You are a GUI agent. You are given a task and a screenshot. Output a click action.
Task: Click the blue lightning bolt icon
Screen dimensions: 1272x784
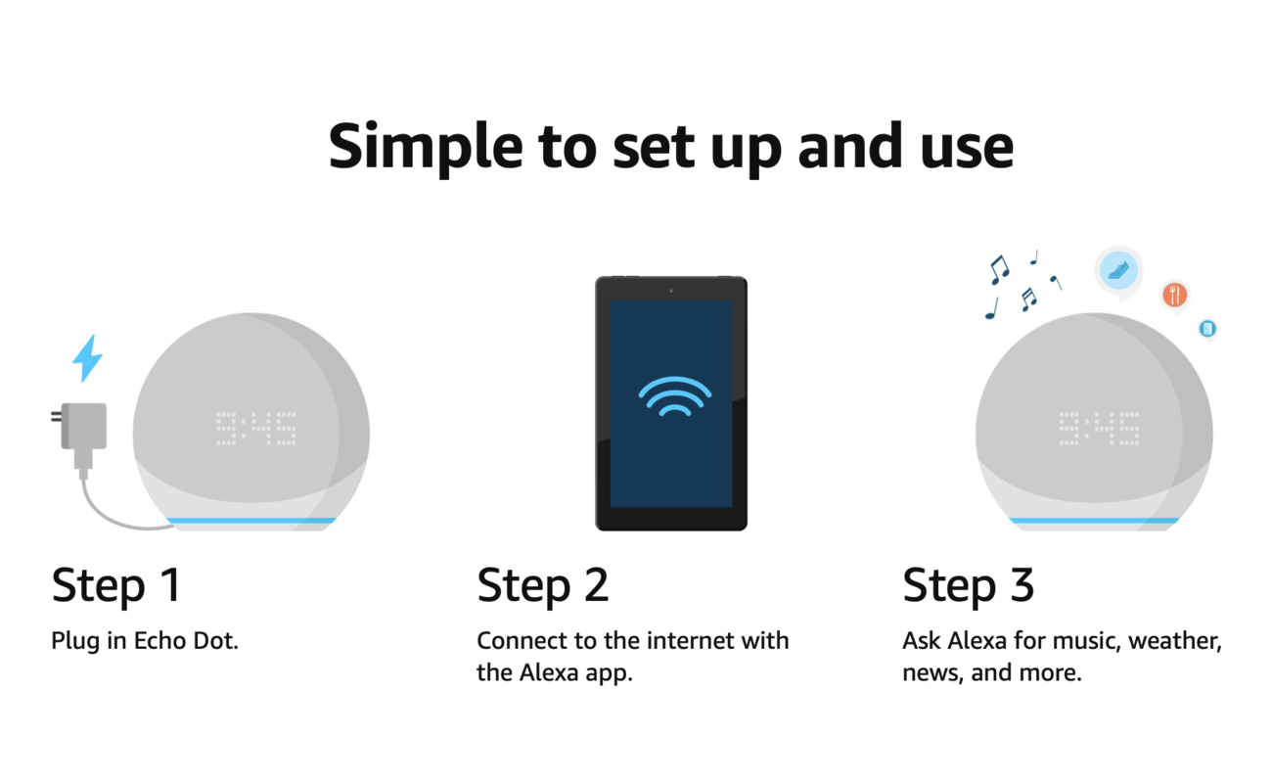pyautogui.click(x=87, y=358)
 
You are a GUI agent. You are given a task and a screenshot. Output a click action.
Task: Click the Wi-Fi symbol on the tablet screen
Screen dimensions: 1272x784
pyautogui.click(x=674, y=396)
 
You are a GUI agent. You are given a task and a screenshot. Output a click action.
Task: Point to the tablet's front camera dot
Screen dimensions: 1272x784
pyautogui.click(x=671, y=291)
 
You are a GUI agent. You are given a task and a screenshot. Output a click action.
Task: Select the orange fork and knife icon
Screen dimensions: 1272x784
pyautogui.click(x=1174, y=296)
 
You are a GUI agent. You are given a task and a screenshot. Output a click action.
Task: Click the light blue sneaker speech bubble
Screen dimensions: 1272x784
pyautogui.click(x=1118, y=271)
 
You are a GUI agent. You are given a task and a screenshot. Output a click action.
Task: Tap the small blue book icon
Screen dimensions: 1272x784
pyautogui.click(x=1207, y=328)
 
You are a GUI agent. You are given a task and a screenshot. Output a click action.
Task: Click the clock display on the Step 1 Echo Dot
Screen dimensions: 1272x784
pyautogui.click(x=256, y=429)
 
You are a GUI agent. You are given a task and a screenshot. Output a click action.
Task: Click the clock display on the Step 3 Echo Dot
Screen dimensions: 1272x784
pyautogui.click(x=1099, y=429)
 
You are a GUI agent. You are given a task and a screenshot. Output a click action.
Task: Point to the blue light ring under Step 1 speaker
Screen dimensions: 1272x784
pyautogui.click(x=251, y=521)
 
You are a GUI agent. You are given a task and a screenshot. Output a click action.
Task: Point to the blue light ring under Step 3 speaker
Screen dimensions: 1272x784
pyautogui.click(x=1094, y=521)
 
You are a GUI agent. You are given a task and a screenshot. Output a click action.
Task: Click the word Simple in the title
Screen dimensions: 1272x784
pyautogui.click(x=426, y=147)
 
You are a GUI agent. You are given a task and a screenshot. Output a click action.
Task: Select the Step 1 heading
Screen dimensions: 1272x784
pyautogui.click(x=116, y=586)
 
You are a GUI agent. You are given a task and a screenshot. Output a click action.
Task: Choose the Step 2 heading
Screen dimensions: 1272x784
pyautogui.click(x=543, y=586)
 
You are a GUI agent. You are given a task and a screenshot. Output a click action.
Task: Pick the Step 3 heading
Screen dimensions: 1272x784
pyautogui.click(x=969, y=586)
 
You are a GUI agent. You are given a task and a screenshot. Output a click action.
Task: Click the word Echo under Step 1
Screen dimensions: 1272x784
pyautogui.click(x=159, y=641)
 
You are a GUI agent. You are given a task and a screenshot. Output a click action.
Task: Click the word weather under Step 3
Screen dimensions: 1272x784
pyautogui.click(x=1175, y=641)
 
